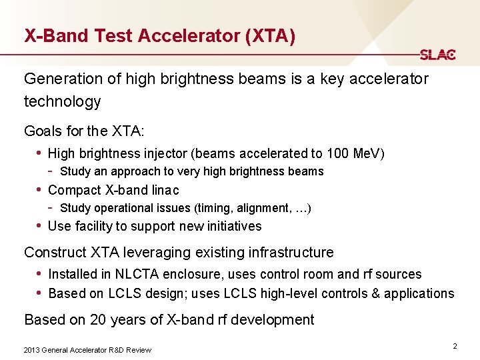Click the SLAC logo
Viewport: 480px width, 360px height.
click(437, 55)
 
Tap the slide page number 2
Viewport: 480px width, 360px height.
click(455, 346)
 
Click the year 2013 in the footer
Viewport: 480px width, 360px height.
click(31, 350)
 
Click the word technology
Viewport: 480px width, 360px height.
click(62, 101)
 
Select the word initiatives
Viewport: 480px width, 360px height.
click(229, 226)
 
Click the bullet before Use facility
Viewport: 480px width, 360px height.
click(39, 226)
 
